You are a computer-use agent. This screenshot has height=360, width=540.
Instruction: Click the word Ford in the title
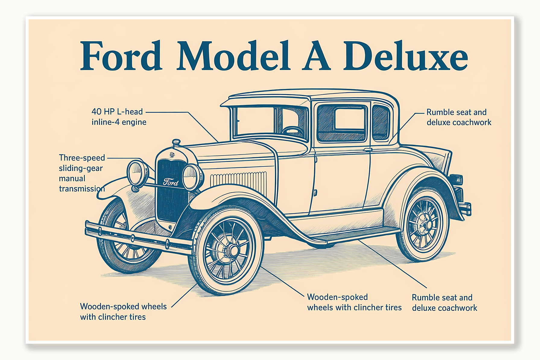(121, 56)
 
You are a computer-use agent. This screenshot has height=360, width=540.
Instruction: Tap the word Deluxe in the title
(406, 56)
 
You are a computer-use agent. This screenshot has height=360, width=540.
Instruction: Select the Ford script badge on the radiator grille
(171, 182)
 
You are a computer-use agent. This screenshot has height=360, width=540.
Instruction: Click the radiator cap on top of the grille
(176, 142)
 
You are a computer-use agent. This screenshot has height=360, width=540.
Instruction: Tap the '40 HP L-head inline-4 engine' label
(119, 117)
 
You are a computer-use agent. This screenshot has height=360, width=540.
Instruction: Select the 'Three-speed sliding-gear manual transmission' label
(82, 173)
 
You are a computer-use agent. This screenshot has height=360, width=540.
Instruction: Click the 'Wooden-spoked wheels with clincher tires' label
(123, 311)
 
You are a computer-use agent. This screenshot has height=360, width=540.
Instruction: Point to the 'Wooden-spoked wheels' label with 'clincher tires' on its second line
(354, 302)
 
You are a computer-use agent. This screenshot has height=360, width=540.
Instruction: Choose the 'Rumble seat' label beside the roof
(459, 117)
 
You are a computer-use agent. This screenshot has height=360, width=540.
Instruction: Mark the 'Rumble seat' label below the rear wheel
(444, 302)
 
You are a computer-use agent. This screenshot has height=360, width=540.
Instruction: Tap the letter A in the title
(316, 56)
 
